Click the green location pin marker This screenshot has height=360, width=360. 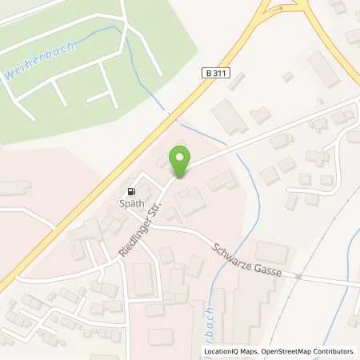click(180, 162)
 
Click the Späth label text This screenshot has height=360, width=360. click(132, 203)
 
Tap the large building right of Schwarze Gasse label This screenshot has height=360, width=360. click(272, 252)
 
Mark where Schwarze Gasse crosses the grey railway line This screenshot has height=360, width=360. click(297, 276)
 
